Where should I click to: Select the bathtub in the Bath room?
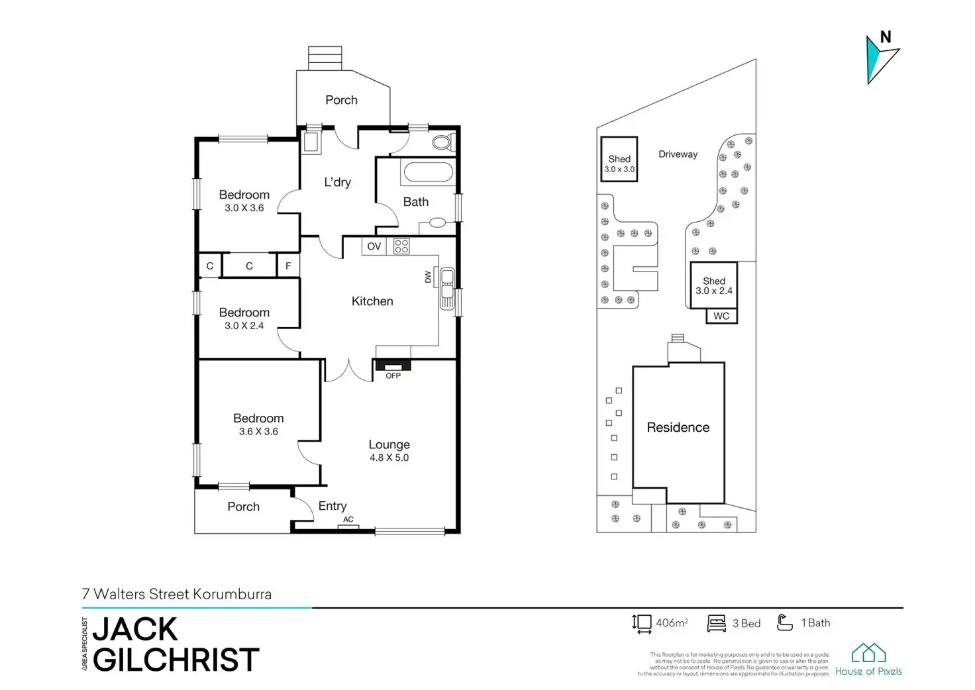[428, 172]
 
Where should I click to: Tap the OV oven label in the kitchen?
[374, 246]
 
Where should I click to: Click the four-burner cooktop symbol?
[401, 246]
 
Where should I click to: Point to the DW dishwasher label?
[428, 277]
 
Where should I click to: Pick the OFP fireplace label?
[393, 375]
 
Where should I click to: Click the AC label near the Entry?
[348, 519]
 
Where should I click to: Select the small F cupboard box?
[288, 266]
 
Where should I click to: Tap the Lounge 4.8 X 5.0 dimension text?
[389, 458]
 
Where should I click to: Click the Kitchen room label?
[372, 301]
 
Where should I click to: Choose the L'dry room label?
[337, 182]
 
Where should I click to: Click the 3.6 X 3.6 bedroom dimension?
[258, 431]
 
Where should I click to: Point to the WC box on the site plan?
[721, 316]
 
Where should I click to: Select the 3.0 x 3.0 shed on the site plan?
[619, 160]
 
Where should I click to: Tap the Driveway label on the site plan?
[678, 154]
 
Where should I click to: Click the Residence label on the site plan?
[678, 428]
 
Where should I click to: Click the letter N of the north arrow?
[886, 37]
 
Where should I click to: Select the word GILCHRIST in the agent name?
[176, 660]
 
